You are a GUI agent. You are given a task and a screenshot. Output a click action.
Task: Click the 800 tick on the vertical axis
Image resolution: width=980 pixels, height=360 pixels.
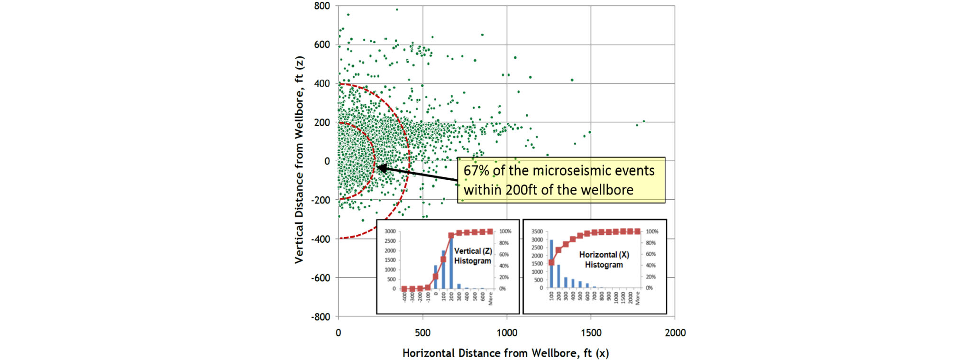coord(322,6)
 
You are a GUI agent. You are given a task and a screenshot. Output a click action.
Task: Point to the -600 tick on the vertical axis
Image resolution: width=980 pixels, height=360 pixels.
coord(321,278)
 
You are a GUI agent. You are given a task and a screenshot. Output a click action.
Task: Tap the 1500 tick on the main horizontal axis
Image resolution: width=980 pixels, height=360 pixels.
coord(591,333)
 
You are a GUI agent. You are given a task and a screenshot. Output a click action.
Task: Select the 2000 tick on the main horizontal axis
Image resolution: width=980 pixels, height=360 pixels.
coord(675,333)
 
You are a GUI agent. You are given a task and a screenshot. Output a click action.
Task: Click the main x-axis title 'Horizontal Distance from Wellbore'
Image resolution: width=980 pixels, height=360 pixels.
coord(505,353)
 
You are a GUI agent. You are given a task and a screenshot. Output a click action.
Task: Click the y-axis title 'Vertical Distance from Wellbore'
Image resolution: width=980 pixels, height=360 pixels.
coord(299,160)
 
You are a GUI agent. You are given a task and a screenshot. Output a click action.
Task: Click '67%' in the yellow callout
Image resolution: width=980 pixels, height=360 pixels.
coord(476,171)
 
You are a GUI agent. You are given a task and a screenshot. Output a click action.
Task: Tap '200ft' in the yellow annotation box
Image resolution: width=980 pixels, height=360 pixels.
coord(522,190)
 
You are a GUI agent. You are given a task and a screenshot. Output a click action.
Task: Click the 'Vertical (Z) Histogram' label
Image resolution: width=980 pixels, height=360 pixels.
coord(473,256)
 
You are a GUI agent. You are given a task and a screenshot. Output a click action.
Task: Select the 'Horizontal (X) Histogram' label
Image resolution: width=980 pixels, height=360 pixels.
coord(604,260)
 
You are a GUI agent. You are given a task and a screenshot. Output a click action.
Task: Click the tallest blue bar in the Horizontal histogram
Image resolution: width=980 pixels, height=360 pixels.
coord(551,263)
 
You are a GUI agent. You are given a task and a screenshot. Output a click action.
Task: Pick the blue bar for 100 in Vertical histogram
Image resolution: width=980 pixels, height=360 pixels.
coord(443,269)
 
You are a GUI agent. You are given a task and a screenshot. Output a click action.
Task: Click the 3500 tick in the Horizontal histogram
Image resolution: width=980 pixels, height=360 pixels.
coord(537,231)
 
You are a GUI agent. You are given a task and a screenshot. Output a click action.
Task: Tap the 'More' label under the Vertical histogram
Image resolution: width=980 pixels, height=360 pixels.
coord(491,298)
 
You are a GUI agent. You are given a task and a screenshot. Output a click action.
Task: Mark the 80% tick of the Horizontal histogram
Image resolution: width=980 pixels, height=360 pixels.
coord(650,243)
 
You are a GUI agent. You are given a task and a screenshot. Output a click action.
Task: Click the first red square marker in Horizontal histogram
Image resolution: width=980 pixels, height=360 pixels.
coord(551,262)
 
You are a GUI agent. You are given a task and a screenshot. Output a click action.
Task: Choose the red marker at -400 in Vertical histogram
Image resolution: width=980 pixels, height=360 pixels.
coord(404,288)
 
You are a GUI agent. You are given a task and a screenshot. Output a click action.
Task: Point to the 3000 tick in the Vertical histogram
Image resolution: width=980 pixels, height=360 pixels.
coord(390,231)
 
